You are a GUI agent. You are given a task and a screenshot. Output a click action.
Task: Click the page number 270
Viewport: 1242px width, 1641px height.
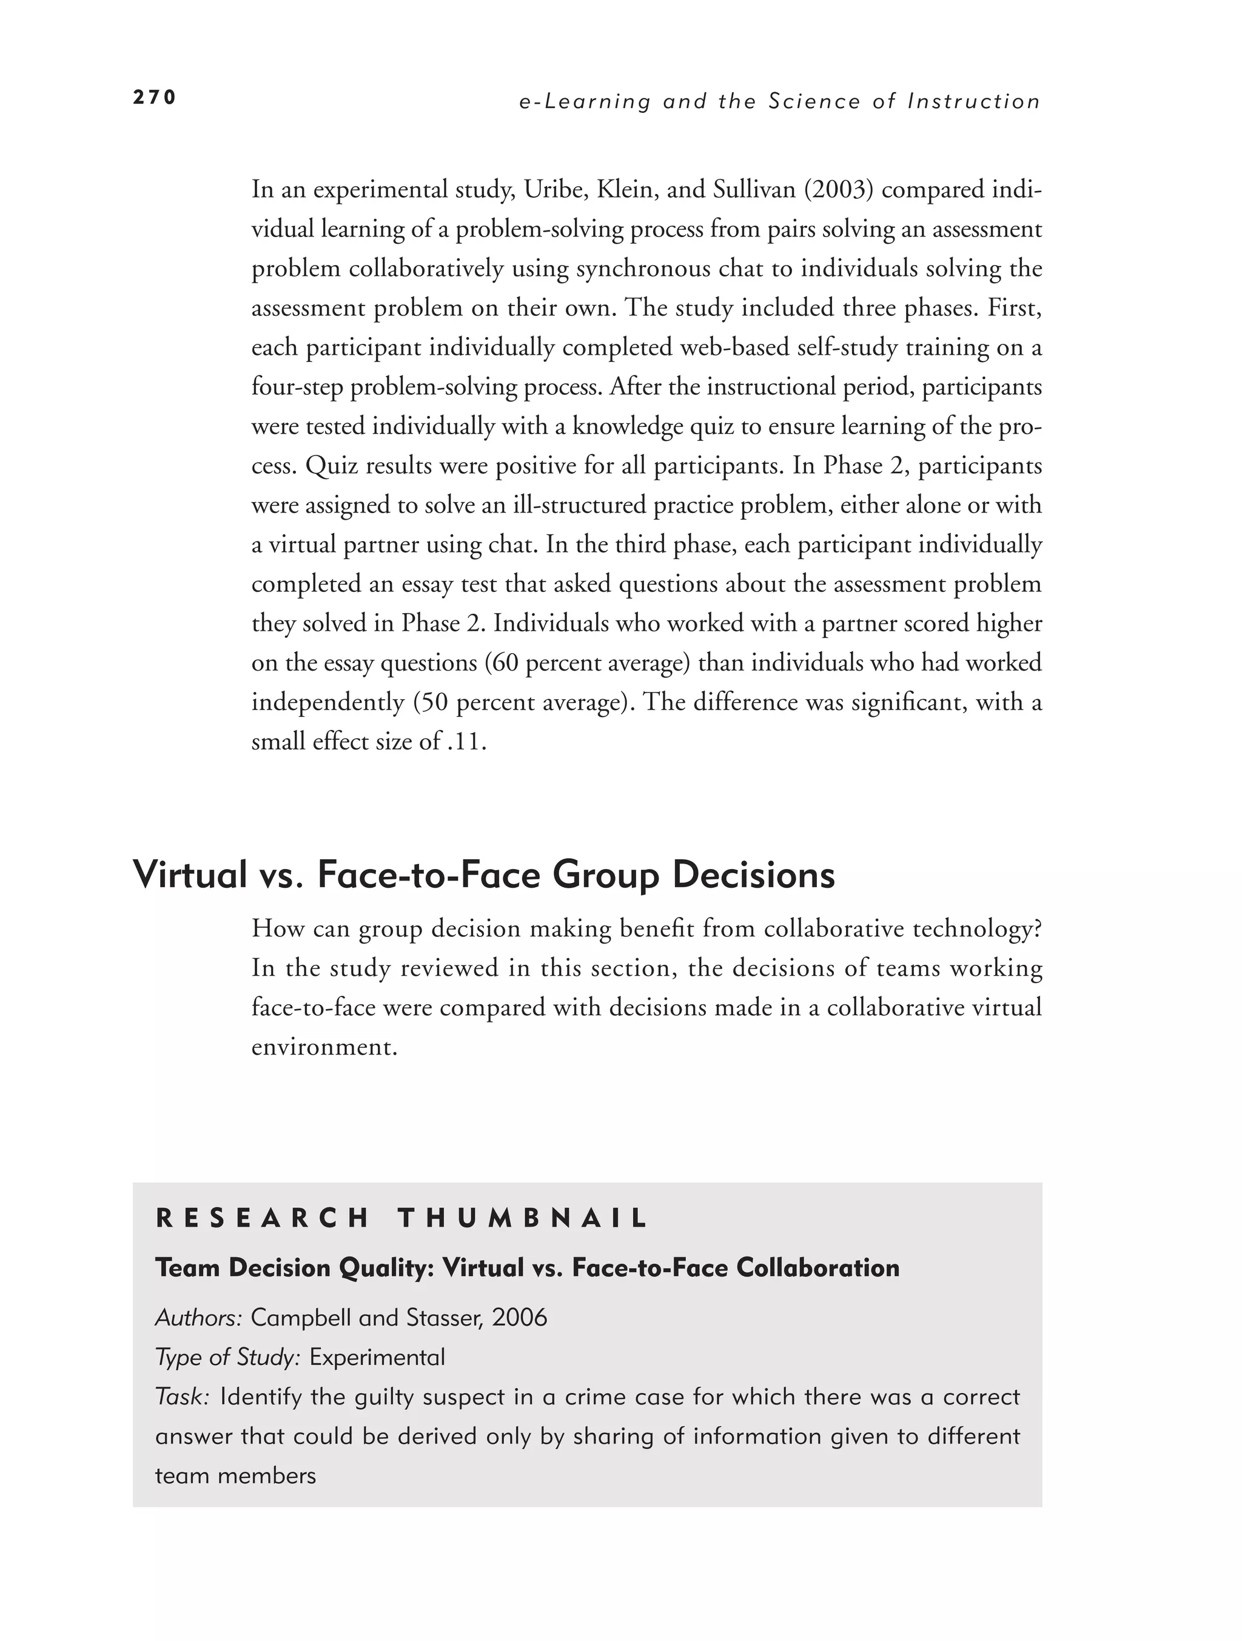tap(154, 98)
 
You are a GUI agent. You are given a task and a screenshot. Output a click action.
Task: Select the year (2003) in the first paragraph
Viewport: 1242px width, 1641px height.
tap(836, 190)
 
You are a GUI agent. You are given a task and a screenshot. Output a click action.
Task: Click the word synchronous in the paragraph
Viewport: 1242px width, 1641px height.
tap(635, 269)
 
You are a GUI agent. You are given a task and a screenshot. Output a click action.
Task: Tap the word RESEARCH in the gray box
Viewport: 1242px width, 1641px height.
tap(262, 1219)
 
